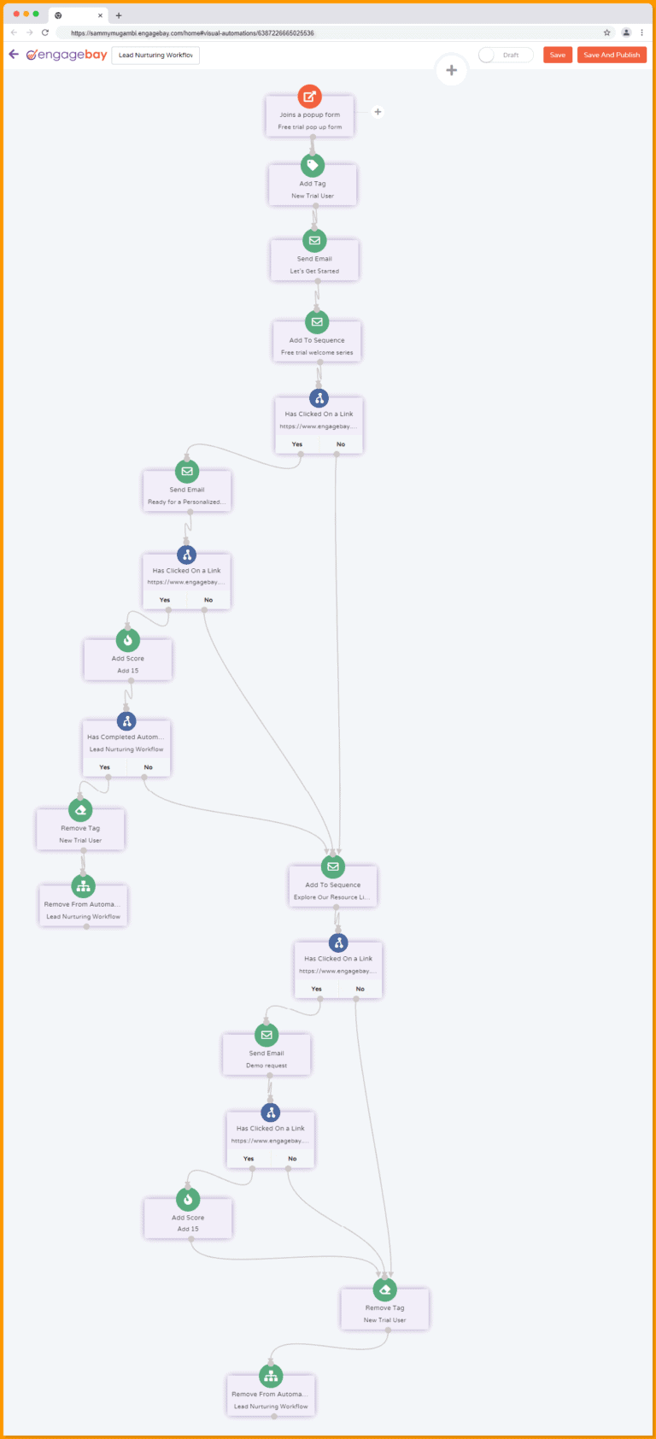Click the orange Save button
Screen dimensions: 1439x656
[x=557, y=55]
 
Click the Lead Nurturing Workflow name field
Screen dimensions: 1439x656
[x=155, y=55]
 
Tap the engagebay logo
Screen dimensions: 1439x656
[x=67, y=55]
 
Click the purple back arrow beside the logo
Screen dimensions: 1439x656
[x=14, y=54]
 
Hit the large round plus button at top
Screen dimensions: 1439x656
[x=451, y=70]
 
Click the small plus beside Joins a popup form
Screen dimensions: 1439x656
[x=378, y=112]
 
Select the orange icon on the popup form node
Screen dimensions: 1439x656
[x=309, y=97]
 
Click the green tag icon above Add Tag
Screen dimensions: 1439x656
[x=313, y=166]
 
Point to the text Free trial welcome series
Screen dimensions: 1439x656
[x=317, y=352]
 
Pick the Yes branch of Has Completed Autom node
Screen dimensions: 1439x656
[x=105, y=767]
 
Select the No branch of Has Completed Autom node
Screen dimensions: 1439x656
[x=149, y=767]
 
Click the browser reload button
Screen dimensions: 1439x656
[x=45, y=32]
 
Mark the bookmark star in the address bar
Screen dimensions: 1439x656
[x=607, y=32]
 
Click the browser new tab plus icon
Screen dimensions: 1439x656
[x=119, y=15]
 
